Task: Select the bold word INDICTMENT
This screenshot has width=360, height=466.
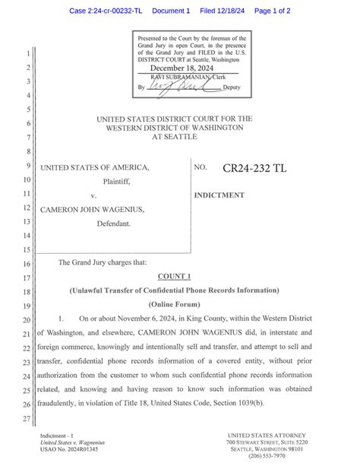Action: (219, 195)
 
